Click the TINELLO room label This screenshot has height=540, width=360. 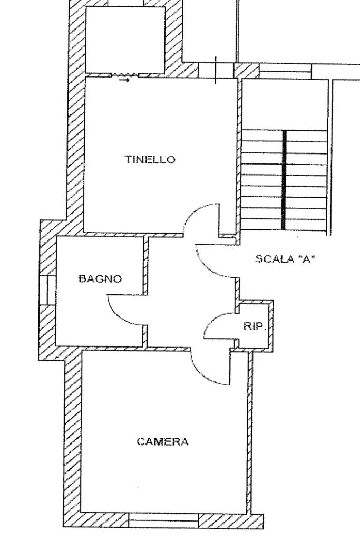[150, 159]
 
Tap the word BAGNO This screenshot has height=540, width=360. [100, 278]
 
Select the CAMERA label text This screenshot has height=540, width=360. [162, 441]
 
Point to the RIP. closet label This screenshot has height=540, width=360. [255, 326]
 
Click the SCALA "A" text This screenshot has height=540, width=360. [285, 258]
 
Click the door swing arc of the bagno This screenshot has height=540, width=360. [117, 315]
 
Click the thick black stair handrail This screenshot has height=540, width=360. [284, 180]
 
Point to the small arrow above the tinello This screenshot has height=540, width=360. [124, 80]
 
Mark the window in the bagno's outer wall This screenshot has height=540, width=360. [47, 290]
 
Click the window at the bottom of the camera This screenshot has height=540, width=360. [163, 519]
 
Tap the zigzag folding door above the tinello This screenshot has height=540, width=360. [124, 75]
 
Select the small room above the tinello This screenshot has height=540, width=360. [125, 40]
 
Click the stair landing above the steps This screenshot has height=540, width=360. [285, 105]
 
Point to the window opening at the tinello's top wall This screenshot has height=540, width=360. [216, 71]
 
